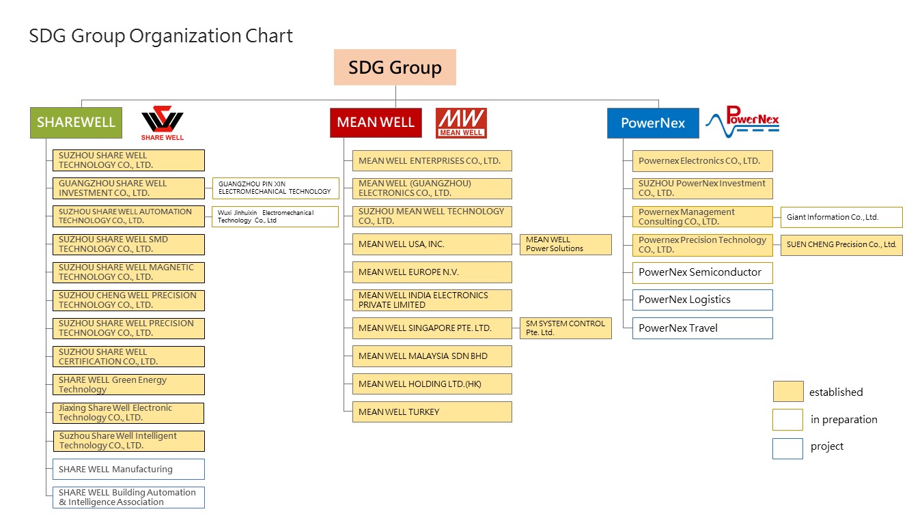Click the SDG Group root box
[395, 67]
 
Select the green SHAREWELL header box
[76, 123]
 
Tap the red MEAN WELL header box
[376, 123]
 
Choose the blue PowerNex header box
[653, 123]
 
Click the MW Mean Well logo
[461, 123]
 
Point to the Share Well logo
[163, 123]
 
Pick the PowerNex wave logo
[742, 121]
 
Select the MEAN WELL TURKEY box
[432, 412]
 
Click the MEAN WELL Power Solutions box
[565, 244]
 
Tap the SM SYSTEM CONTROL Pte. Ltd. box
[565, 328]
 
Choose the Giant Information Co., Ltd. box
[841, 217]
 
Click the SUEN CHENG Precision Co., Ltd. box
[841, 245]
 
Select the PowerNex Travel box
[703, 328]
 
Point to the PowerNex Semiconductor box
[703, 272]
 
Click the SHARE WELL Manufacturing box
[128, 469]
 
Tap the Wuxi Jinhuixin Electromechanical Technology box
[275, 216]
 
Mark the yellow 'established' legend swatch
[788, 391]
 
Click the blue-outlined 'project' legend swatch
[788, 448]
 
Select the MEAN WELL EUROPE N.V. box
[432, 272]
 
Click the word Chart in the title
[269, 35]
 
